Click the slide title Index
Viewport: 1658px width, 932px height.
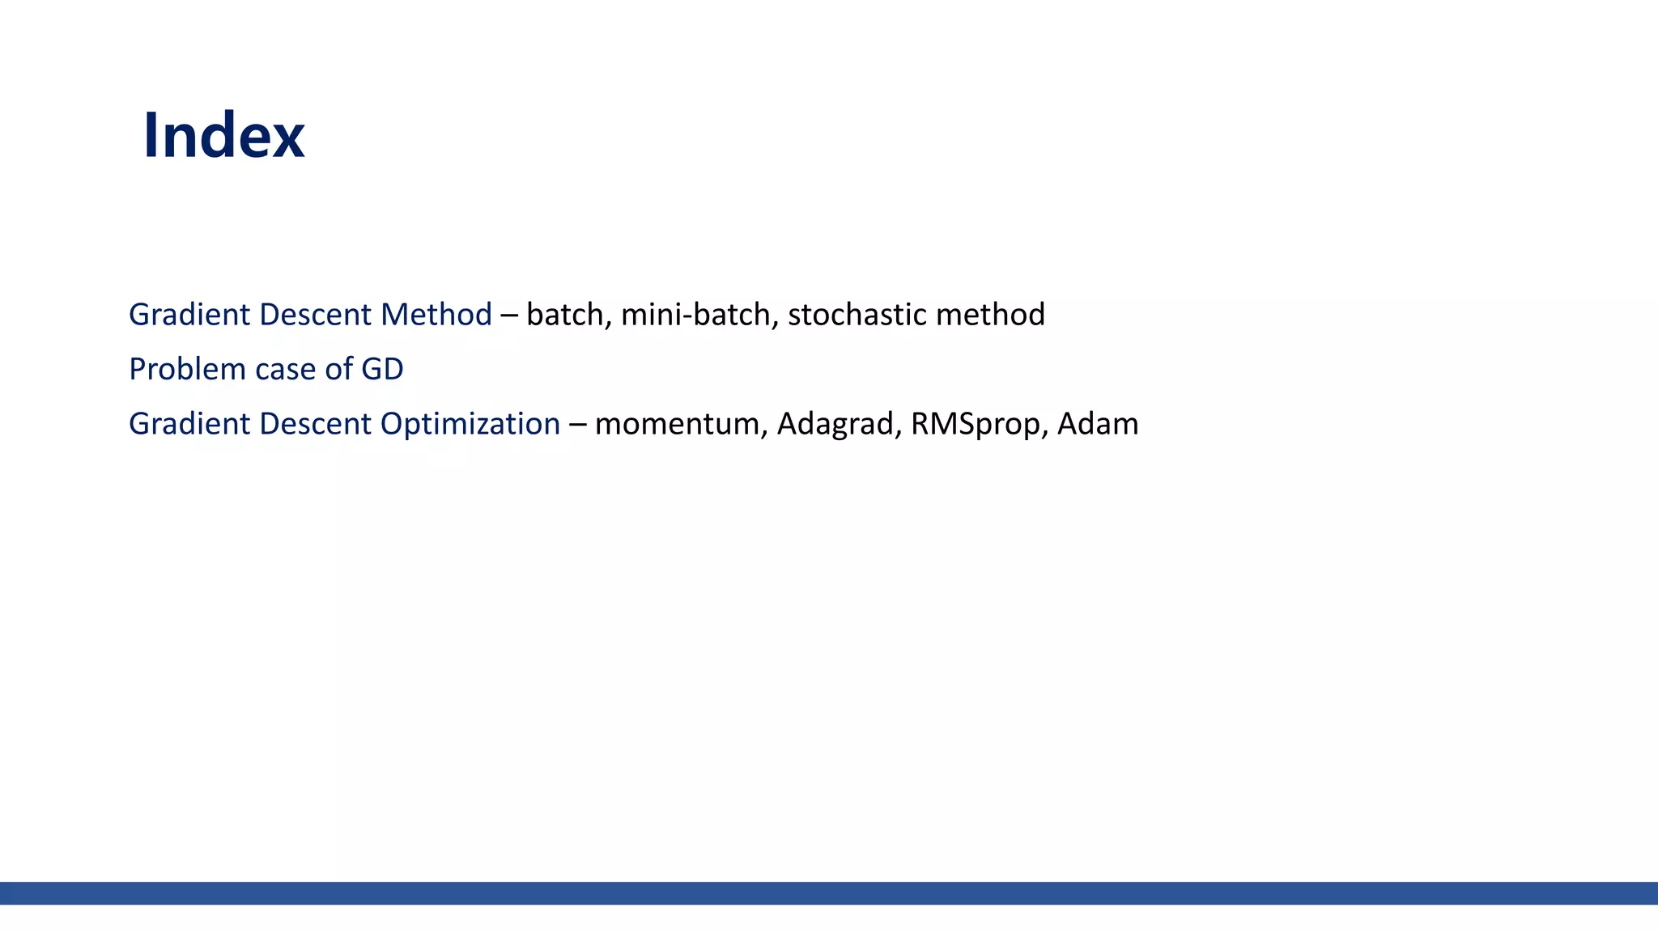223,136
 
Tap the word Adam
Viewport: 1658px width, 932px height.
1098,424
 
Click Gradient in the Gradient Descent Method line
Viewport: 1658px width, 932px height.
189,315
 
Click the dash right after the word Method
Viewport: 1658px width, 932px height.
509,316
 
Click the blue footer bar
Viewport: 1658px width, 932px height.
829,893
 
